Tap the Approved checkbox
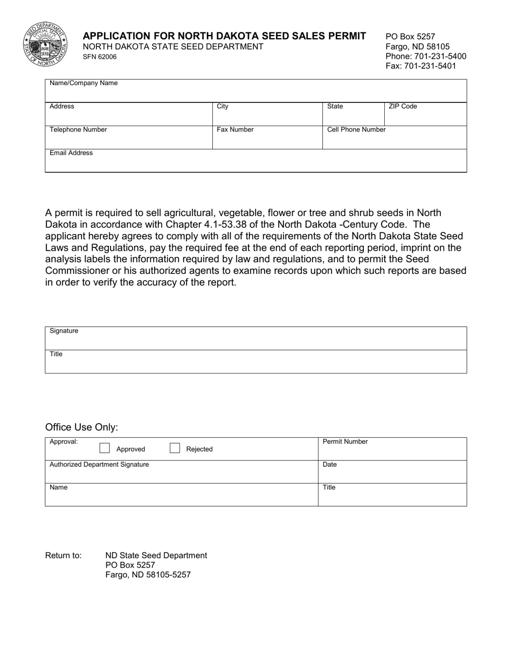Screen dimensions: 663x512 pos(105,448)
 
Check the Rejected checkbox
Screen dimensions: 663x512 pos(175,448)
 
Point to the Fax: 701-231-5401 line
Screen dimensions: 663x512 pos(421,66)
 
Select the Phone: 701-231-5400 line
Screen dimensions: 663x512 pos(426,56)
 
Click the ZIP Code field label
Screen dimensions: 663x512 pos(403,107)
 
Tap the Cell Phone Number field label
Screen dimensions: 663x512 pos(356,130)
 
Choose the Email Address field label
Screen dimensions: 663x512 pos(71,153)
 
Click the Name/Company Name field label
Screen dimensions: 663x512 pos(84,84)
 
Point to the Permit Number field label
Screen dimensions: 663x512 pos(345,442)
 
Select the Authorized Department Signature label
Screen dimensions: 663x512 pos(99,465)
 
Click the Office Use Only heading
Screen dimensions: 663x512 pos(81,427)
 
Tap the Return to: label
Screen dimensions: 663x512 pos(64,556)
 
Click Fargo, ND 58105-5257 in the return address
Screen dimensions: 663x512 pos(148,575)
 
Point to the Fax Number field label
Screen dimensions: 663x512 pos(235,130)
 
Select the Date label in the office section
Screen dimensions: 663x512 pos(329,465)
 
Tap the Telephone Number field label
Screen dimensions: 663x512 pos(78,130)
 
